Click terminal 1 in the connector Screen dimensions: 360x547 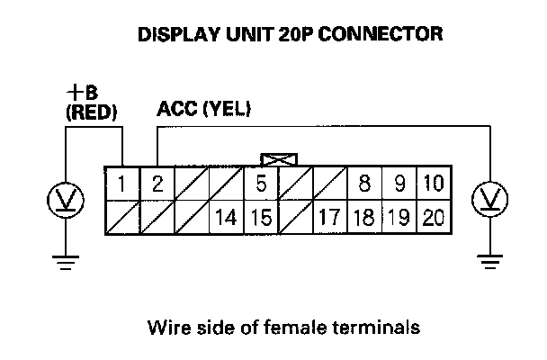pos(121,185)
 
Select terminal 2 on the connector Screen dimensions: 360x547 pos(157,185)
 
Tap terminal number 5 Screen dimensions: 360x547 pos(261,185)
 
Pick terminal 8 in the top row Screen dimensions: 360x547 pos(364,185)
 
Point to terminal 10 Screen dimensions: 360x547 pos(433,185)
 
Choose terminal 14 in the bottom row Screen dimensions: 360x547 pos(226,218)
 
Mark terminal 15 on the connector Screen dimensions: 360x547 pos(261,218)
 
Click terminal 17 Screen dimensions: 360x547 pos(330,218)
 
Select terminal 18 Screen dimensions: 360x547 pos(364,218)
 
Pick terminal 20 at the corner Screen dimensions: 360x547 pos(433,218)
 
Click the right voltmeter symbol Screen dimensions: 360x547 pos(489,198)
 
